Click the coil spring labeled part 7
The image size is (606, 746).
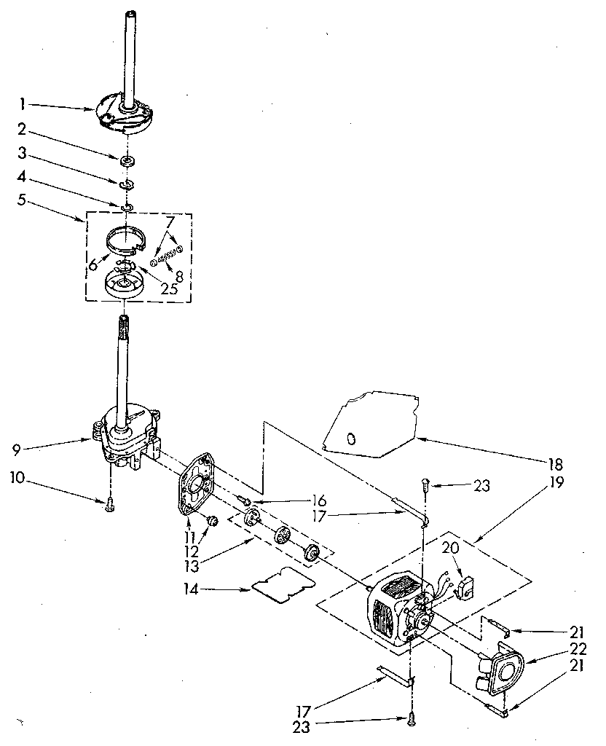pos(165,256)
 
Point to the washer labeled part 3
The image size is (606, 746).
pos(126,183)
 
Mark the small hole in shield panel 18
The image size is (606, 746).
pos(351,439)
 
